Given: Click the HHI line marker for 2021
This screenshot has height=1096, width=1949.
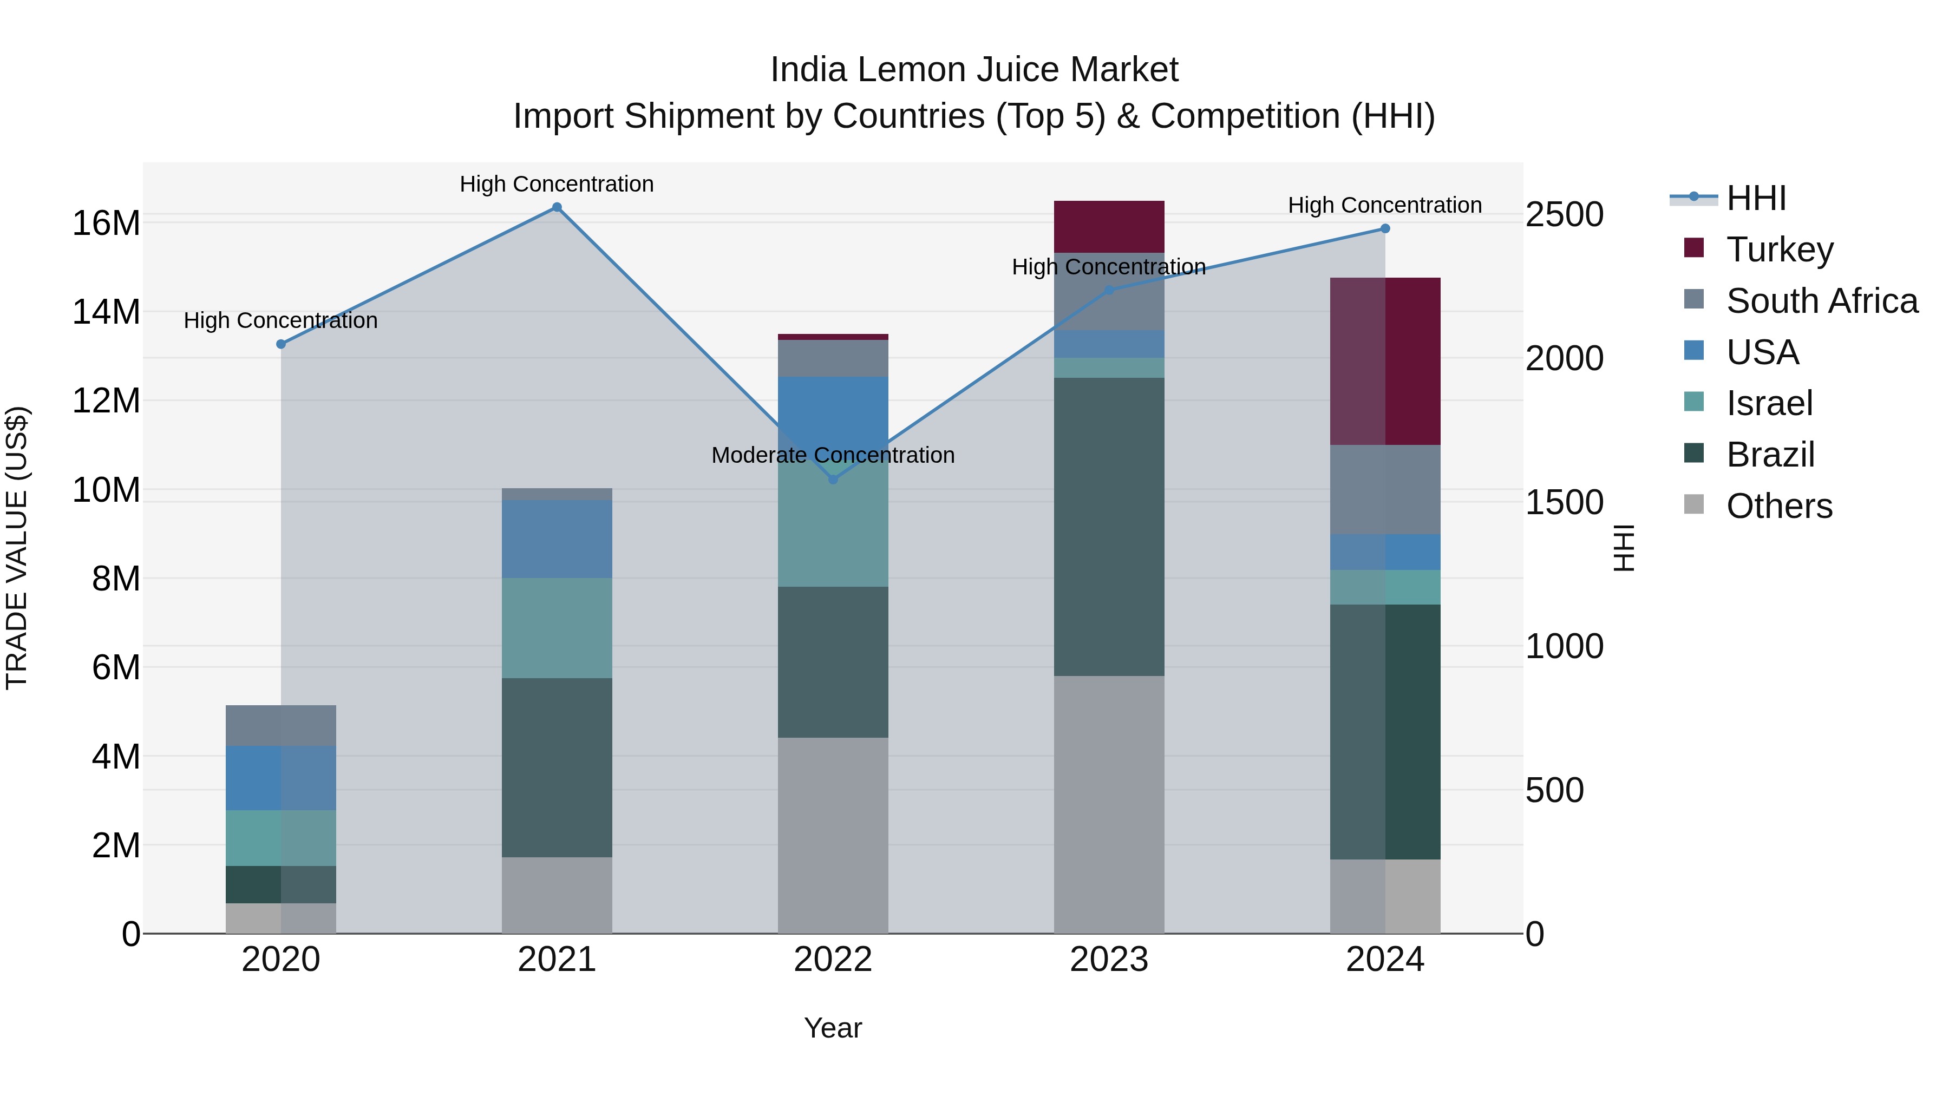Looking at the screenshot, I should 557,207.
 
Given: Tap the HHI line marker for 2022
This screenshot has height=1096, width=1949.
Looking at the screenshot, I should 833,480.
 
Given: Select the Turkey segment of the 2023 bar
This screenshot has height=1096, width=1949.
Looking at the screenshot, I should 1109,226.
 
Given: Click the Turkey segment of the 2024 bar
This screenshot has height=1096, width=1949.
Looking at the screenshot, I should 1385,361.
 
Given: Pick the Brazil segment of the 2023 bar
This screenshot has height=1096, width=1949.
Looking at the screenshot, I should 1109,527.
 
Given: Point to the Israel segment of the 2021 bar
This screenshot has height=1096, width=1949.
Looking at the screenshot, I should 557,628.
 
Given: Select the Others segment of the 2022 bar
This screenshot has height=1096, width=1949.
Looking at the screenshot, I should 833,835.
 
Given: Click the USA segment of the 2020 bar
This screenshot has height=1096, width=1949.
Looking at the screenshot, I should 280,778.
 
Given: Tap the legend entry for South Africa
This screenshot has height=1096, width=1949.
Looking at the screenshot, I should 1822,301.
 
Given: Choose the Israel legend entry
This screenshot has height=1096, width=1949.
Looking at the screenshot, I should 1769,403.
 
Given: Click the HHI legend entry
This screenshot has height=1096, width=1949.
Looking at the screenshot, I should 1755,198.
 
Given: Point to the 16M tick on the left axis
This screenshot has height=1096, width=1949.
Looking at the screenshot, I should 106,224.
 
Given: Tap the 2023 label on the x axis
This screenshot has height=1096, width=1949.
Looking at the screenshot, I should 1109,960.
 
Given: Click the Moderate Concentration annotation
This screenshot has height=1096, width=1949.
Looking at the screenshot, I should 833,455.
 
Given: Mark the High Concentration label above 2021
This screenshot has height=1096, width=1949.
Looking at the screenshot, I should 557,184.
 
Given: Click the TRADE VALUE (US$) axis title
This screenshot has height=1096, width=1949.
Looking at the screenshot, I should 17,548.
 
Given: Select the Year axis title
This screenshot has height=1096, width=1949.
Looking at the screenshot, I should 833,1028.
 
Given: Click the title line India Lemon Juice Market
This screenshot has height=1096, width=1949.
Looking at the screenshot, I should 974,70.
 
